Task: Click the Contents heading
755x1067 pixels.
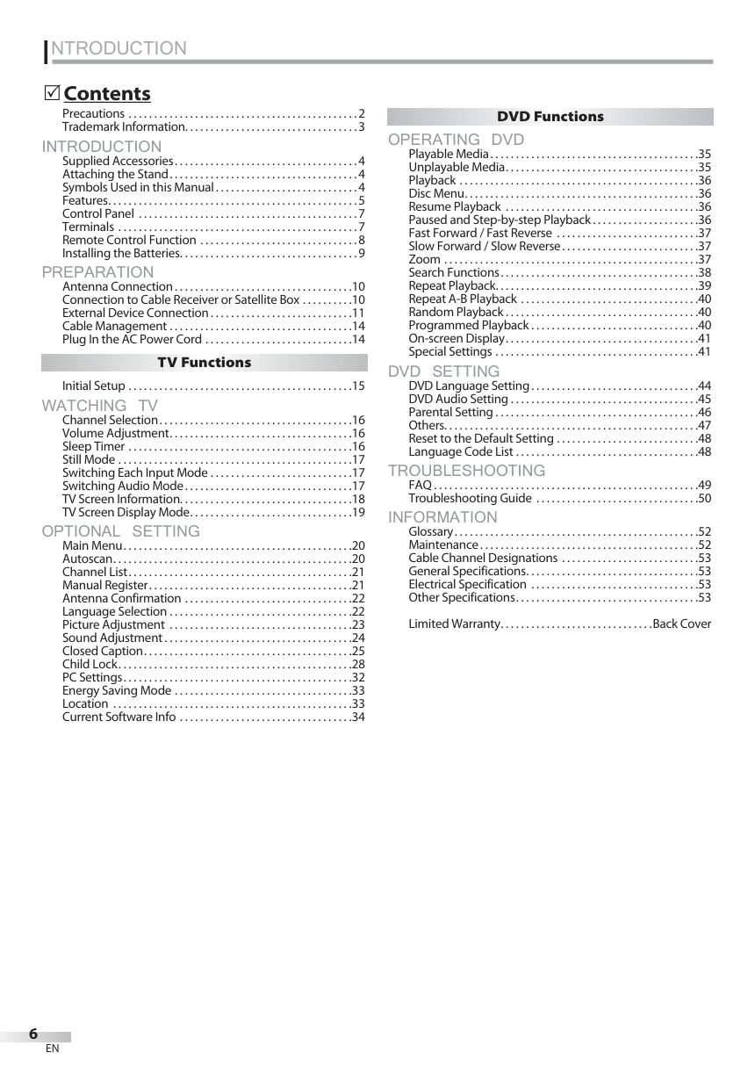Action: point(107,93)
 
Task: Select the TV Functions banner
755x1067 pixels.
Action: point(204,362)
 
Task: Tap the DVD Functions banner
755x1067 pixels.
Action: point(550,116)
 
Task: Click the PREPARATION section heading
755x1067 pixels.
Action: point(97,272)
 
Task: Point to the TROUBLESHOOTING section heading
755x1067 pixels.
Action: point(466,471)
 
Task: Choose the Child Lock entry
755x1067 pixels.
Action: point(90,664)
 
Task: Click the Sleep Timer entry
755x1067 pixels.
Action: point(94,446)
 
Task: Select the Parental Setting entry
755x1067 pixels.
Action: point(450,412)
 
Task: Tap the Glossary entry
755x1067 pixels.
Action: point(430,531)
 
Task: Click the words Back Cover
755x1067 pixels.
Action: point(682,624)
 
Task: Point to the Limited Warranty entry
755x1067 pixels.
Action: point(454,624)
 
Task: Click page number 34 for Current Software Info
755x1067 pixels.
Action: point(358,717)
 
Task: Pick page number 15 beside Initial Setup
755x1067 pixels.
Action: point(358,386)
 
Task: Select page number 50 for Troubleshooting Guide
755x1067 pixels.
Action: point(704,499)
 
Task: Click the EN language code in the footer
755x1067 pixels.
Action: point(53,1049)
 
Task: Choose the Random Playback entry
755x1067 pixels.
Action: point(456,312)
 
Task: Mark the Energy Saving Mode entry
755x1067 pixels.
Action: point(117,690)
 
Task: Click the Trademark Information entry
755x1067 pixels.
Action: point(122,126)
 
